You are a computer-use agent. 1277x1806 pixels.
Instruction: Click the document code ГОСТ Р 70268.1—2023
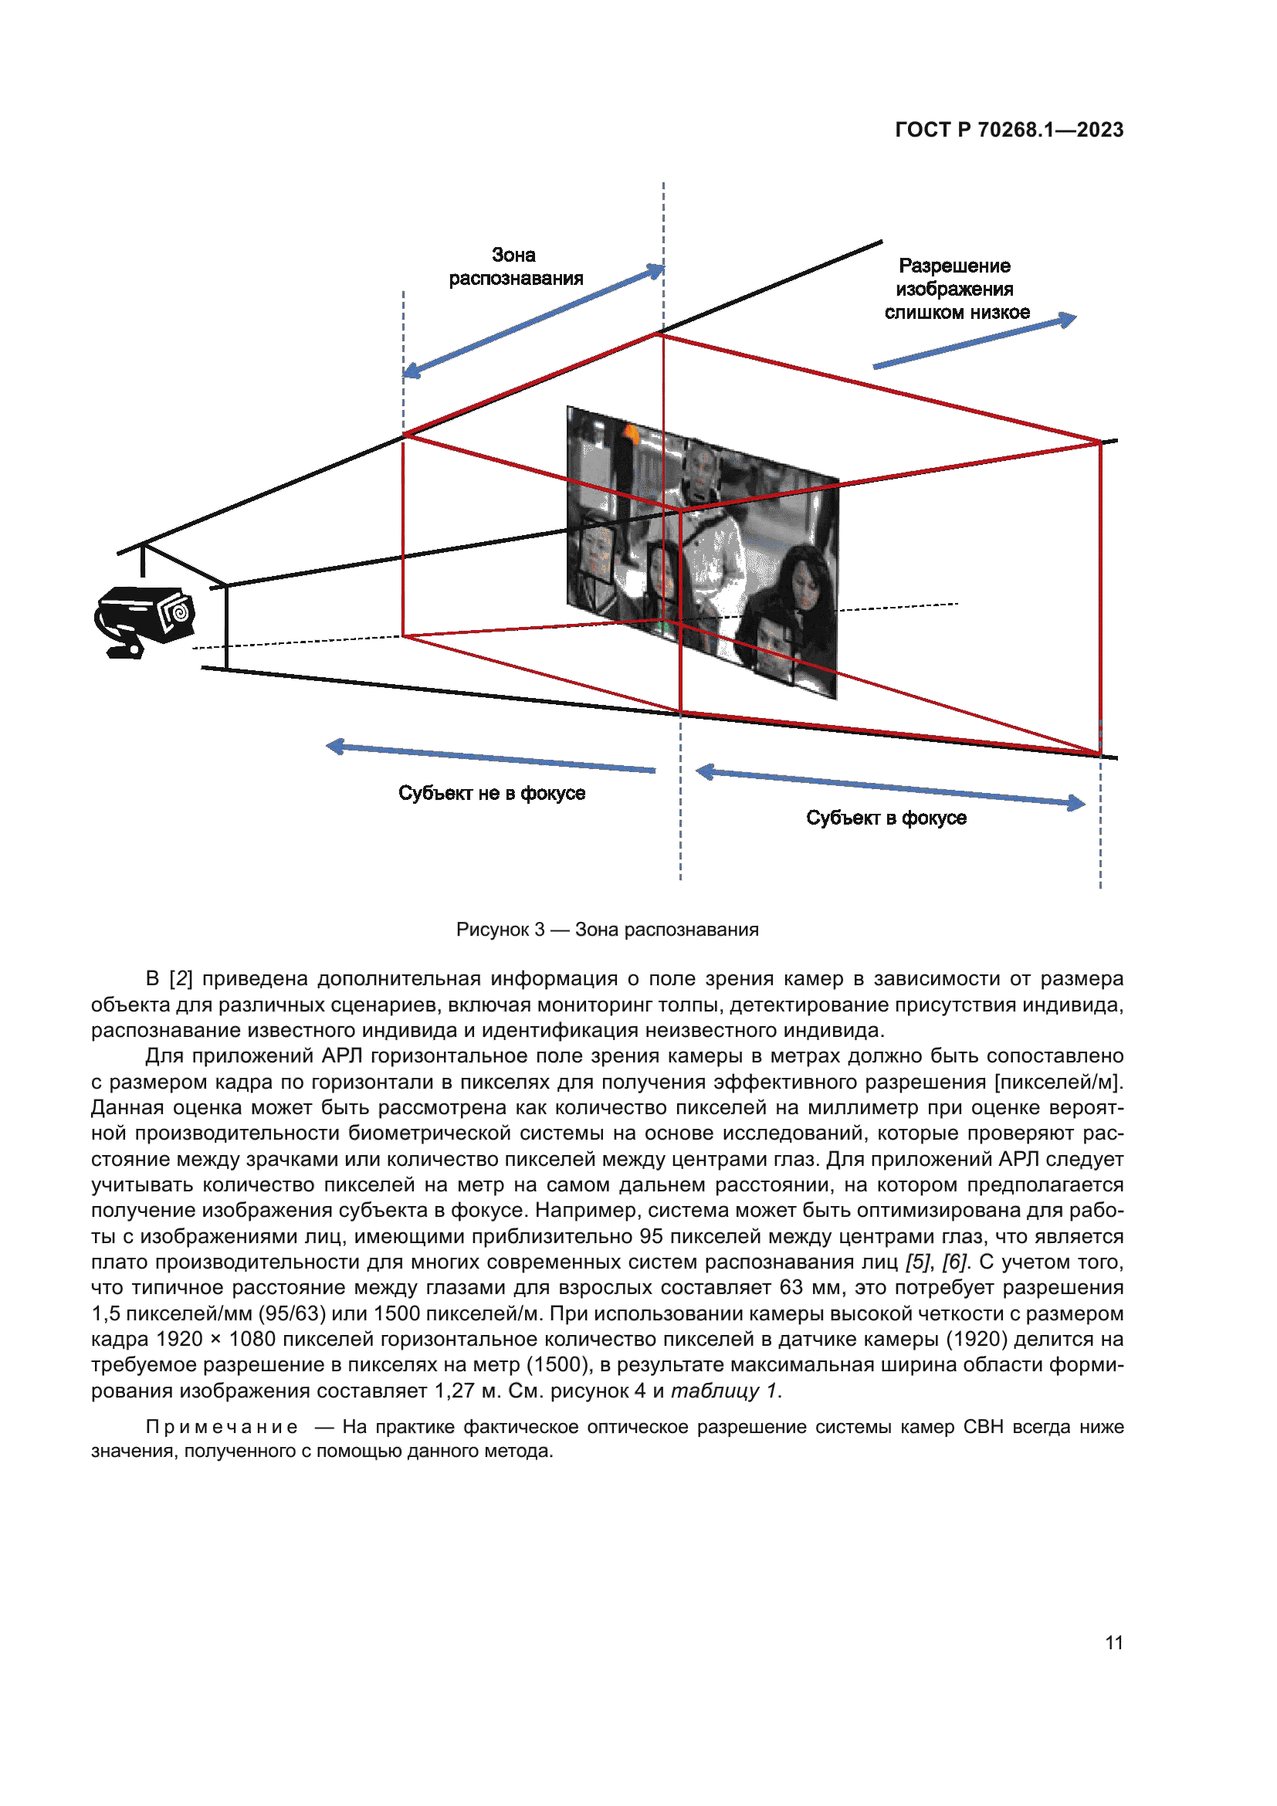[x=1009, y=130]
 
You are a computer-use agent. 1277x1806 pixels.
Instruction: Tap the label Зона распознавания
[x=515, y=266]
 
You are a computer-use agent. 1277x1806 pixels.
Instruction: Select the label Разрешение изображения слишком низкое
[x=955, y=289]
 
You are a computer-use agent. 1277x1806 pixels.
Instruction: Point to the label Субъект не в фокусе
[x=492, y=793]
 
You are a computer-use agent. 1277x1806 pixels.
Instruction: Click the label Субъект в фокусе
[x=886, y=818]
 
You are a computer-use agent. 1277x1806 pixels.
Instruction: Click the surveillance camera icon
[x=144, y=621]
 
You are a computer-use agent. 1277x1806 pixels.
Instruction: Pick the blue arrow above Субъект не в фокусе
[x=491, y=757]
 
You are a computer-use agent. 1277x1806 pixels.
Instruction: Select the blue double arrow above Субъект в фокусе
[x=890, y=788]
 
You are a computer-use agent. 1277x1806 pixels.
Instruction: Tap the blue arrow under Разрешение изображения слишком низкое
[x=974, y=342]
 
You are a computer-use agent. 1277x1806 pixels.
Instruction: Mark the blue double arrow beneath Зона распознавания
[x=533, y=321]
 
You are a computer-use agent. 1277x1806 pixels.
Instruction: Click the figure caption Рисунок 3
[x=607, y=930]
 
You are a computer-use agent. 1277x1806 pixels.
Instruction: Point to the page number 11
[x=1113, y=1642]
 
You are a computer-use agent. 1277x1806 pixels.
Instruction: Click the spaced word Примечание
[x=222, y=1428]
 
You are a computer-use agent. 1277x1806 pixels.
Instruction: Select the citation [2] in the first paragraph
[x=181, y=979]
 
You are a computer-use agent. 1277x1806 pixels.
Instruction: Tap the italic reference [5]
[x=918, y=1262]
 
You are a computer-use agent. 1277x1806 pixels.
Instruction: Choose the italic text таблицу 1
[x=724, y=1391]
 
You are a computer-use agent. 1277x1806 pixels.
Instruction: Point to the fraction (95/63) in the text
[x=292, y=1313]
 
